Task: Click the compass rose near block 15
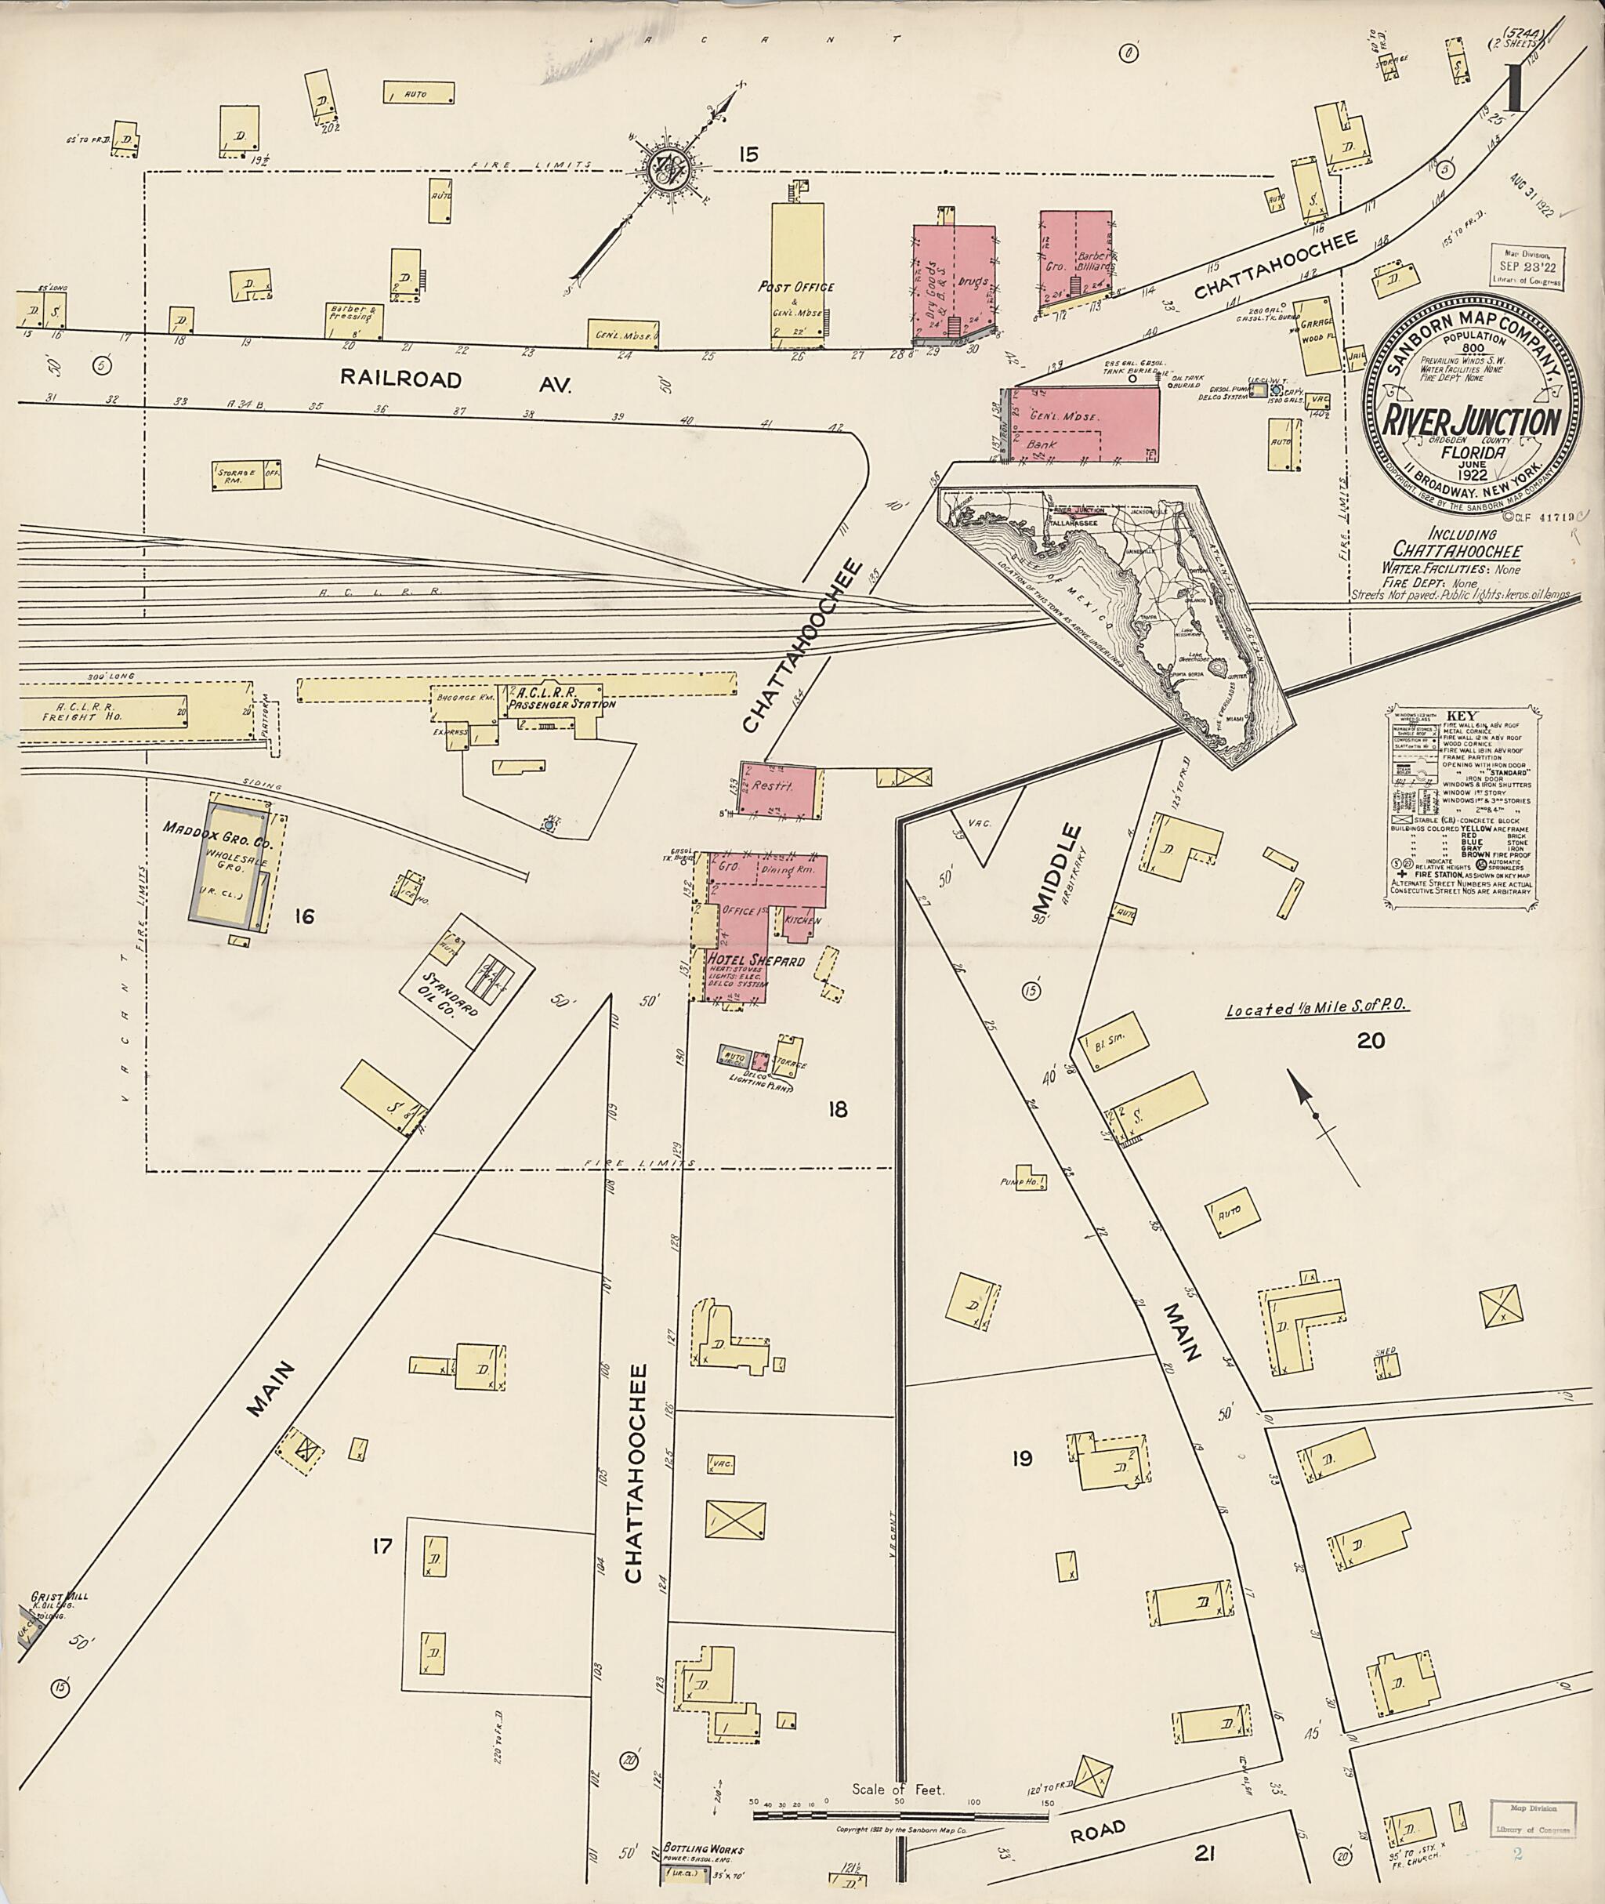coord(668,169)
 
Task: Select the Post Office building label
coord(796,287)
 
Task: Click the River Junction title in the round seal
coord(1471,423)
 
